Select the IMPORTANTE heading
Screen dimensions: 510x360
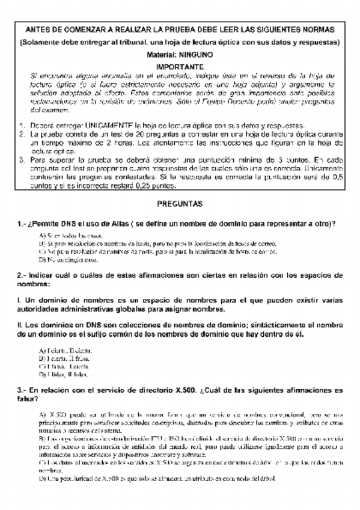180,67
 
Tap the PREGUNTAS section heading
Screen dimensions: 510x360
180,204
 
